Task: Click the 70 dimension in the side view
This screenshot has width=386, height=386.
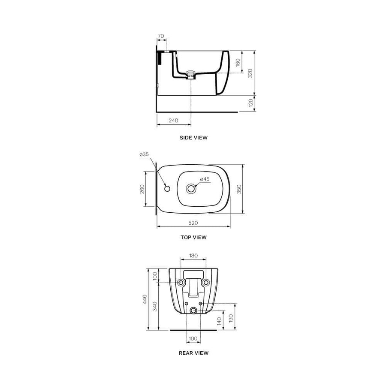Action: point(161,36)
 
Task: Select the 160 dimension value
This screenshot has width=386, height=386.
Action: point(238,62)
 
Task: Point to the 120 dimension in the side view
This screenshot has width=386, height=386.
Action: point(250,103)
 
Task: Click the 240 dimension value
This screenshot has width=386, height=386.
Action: point(173,121)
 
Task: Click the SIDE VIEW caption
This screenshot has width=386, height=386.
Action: point(193,138)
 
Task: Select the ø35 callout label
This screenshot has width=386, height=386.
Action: point(144,154)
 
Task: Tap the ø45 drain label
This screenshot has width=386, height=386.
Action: point(205,179)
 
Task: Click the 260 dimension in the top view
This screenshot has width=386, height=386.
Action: point(142,189)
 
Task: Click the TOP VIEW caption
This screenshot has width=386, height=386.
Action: point(193,237)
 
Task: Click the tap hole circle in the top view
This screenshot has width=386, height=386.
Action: point(166,187)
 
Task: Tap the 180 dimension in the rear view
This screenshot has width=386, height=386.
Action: point(193,256)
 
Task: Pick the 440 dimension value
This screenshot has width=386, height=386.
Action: point(145,299)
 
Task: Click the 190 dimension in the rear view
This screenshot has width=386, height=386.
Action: point(231,318)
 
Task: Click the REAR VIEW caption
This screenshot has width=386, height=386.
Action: point(193,353)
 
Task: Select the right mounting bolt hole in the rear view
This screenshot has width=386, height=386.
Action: point(206,282)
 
